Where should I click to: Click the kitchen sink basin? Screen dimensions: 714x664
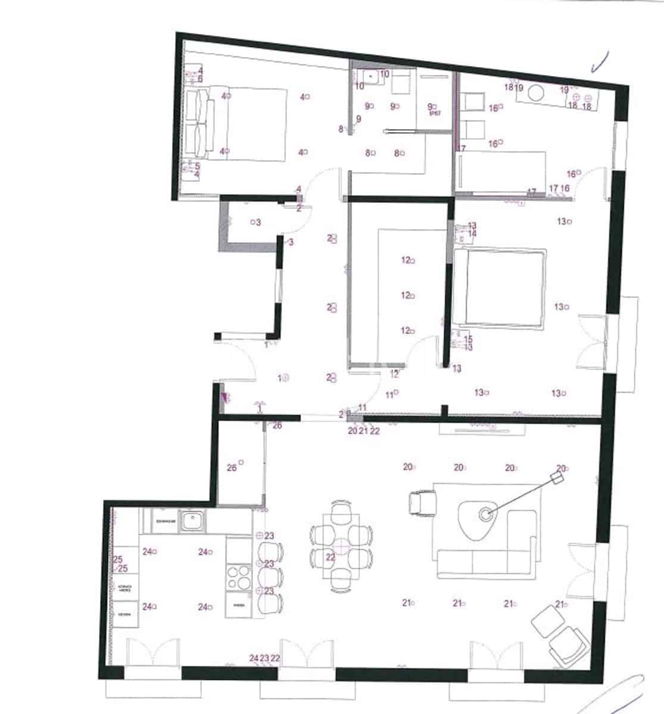[x=192, y=522]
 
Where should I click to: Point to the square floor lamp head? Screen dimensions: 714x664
[x=557, y=478]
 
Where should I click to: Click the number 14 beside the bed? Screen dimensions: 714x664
[x=472, y=234]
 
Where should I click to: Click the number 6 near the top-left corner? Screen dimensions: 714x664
[x=200, y=79]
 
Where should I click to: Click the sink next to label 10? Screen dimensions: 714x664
[x=370, y=77]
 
